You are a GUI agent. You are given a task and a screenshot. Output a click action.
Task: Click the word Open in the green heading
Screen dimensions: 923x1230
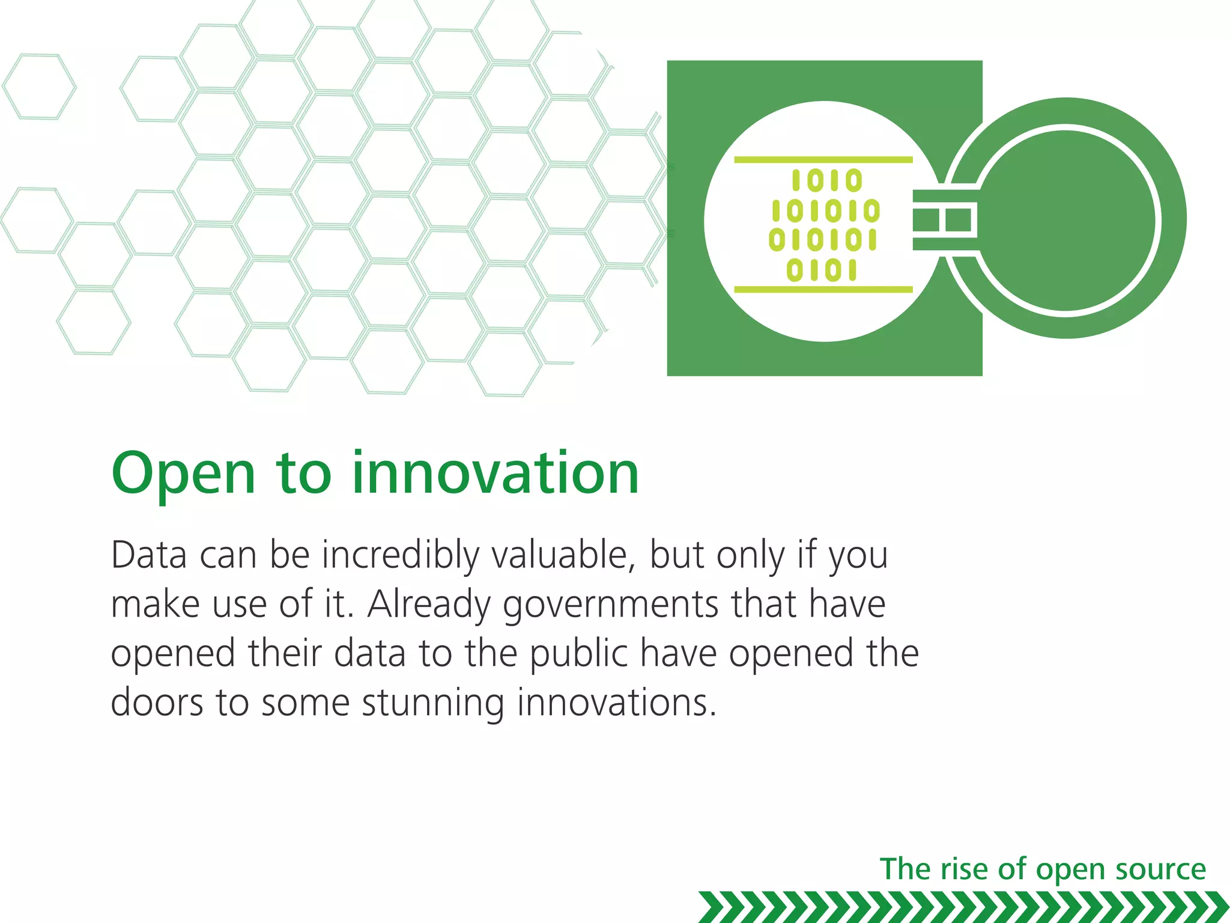click(183, 475)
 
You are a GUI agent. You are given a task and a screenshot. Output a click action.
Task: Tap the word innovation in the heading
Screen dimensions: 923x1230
click(495, 474)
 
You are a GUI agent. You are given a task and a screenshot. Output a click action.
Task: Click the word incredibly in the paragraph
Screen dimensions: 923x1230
click(401, 556)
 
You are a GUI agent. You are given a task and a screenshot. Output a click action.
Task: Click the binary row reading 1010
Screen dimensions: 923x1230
click(827, 180)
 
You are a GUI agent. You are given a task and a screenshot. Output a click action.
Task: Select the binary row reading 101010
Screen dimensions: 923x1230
click(826, 211)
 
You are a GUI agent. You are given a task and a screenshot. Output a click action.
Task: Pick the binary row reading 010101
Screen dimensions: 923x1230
click(823, 240)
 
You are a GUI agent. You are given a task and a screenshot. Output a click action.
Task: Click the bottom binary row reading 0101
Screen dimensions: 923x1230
click(822, 270)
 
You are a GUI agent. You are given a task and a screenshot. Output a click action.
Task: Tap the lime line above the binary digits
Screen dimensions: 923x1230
click(823, 160)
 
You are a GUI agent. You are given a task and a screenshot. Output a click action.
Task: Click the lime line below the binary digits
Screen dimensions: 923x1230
click(823, 290)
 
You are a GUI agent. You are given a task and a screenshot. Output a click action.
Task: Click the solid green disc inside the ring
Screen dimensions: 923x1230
click(1066, 219)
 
